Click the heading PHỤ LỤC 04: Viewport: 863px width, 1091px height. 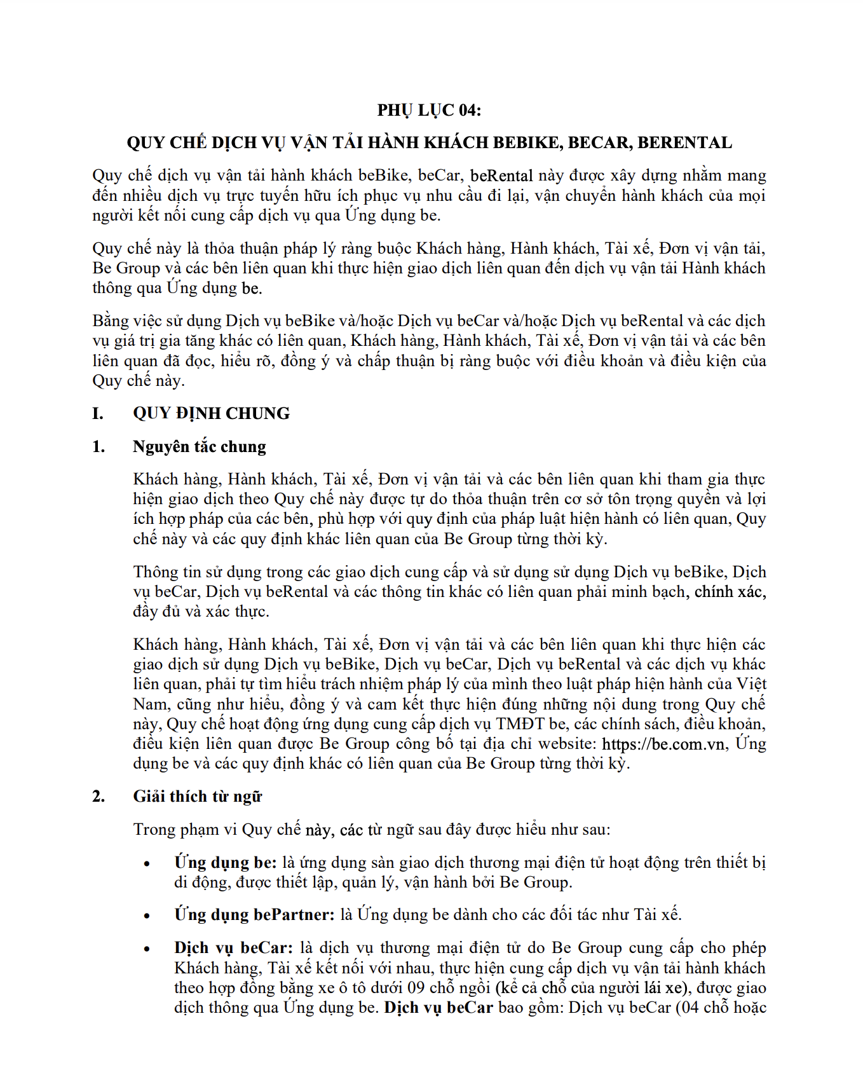tap(429, 110)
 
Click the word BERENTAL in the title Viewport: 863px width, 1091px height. tap(684, 142)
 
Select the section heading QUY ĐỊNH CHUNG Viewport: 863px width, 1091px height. tap(211, 413)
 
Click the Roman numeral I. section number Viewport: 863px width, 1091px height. tap(98, 413)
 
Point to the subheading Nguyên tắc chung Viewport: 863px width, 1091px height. tap(199, 446)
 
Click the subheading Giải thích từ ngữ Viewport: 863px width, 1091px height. tap(197, 796)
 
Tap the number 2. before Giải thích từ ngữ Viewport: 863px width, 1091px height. tap(99, 796)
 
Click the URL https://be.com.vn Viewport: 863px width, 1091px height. tap(663, 743)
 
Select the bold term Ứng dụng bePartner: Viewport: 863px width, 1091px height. tap(254, 914)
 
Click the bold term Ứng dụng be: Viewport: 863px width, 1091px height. tap(226, 862)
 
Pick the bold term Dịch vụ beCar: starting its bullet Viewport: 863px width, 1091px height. tap(233, 947)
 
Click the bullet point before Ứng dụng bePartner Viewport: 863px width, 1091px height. tap(147, 916)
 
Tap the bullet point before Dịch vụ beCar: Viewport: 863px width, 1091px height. tap(147, 949)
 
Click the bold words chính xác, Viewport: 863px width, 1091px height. tap(730, 591)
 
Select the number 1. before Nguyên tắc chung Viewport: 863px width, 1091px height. tap(99, 446)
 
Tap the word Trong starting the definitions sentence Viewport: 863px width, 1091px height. tap(154, 829)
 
